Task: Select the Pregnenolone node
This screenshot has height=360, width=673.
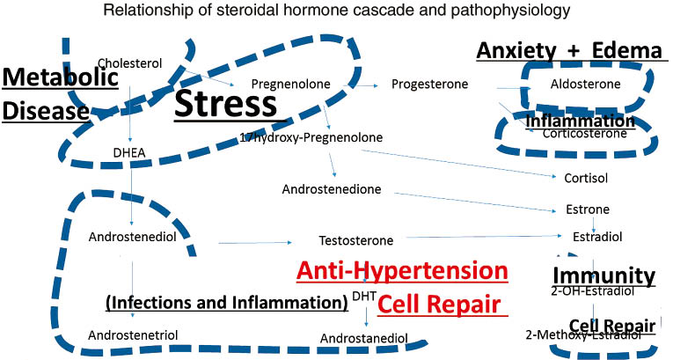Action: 290,84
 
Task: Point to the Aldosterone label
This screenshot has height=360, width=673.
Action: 585,84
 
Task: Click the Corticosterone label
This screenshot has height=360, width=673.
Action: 585,134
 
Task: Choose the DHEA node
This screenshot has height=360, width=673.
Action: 129,151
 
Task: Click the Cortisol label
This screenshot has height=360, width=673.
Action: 585,177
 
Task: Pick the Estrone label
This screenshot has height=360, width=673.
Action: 585,210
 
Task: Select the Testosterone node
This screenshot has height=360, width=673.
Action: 355,240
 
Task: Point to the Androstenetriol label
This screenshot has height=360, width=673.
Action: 134,335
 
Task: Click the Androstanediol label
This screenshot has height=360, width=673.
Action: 363,337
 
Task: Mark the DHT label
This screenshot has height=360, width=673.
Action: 362,296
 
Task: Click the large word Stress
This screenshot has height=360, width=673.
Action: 226,105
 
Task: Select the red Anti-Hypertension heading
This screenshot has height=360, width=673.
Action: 402,270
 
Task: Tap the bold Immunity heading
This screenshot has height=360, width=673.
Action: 604,276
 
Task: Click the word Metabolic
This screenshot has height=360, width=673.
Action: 59,78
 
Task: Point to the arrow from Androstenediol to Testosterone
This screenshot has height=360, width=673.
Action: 255,241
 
